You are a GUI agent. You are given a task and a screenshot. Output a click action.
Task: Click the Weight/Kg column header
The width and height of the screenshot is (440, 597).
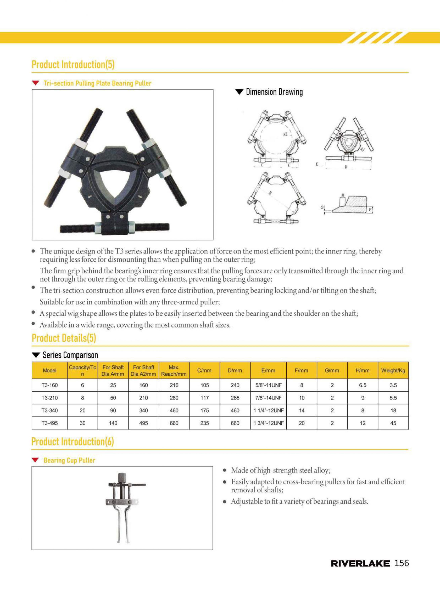click(393, 370)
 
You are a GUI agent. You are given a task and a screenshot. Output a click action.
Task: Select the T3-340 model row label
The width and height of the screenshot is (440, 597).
click(50, 410)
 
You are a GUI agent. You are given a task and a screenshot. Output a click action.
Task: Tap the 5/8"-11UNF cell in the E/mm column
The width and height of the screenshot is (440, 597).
click(268, 385)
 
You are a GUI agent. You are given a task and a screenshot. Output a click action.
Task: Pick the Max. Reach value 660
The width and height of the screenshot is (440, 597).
click(174, 423)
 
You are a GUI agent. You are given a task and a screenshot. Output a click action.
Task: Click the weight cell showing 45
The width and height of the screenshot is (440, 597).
click(393, 423)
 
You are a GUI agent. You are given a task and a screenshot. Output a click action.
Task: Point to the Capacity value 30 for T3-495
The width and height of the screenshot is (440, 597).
click(83, 423)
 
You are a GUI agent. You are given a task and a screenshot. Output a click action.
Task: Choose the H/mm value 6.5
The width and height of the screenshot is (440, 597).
click(363, 385)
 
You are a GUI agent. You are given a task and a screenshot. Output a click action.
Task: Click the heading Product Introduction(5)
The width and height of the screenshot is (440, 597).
click(73, 64)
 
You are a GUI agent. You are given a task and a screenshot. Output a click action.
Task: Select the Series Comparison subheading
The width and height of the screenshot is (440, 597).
click(70, 355)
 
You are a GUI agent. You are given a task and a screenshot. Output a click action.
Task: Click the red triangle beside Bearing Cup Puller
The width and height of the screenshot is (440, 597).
click(35, 460)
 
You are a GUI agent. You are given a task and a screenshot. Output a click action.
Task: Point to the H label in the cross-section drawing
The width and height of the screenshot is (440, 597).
click(343, 195)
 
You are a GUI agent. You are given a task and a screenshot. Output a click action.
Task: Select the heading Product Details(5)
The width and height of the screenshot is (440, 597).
click(64, 338)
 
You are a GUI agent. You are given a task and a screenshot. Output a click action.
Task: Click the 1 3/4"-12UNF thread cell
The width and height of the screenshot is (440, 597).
click(268, 423)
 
